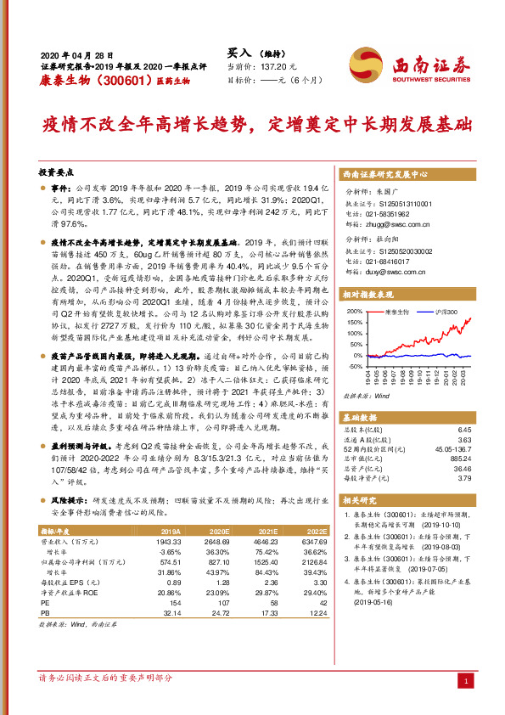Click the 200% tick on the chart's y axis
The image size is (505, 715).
(x=352, y=312)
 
